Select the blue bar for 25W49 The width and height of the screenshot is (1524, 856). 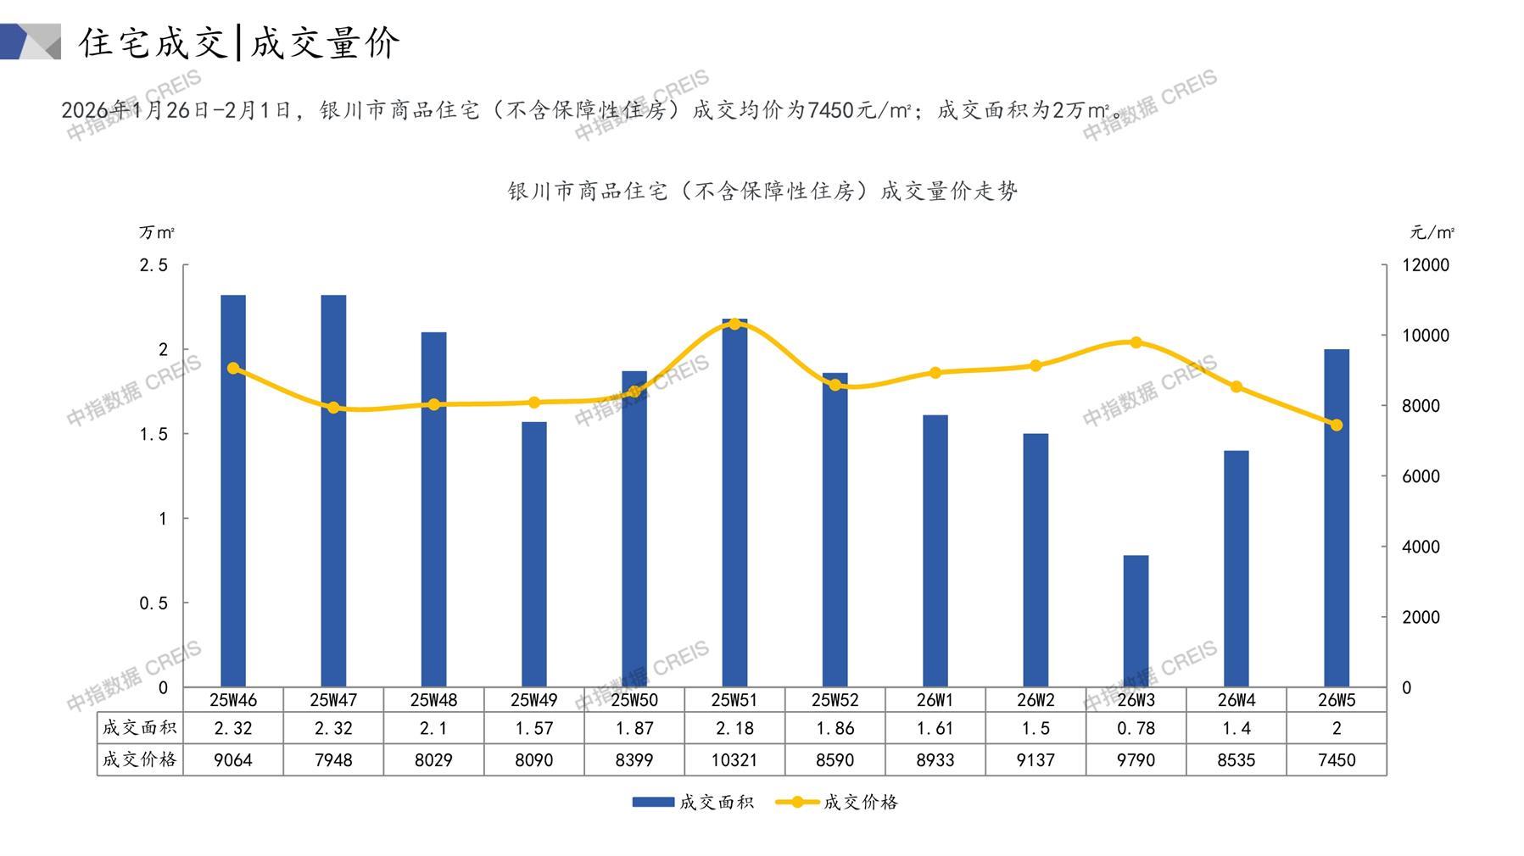533,554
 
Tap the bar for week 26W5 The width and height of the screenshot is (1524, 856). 1336,518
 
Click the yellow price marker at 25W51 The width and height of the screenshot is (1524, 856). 734,324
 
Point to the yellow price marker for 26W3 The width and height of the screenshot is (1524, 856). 1136,342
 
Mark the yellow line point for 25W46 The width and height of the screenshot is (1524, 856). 233,368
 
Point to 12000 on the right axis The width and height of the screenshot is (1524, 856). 1426,265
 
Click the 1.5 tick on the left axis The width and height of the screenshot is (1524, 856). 154,434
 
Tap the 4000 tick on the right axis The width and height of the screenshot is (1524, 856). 1421,547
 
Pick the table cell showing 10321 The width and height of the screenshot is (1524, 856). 734,760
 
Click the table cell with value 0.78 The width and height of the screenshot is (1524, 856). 1136,728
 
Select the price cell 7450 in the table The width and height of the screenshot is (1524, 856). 1336,760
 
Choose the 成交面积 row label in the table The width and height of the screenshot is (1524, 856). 140,728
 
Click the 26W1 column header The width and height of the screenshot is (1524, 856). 935,700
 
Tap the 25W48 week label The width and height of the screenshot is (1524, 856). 433,700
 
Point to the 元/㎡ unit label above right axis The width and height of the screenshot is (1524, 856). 1432,232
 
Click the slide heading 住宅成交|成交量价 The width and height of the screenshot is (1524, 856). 240,42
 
